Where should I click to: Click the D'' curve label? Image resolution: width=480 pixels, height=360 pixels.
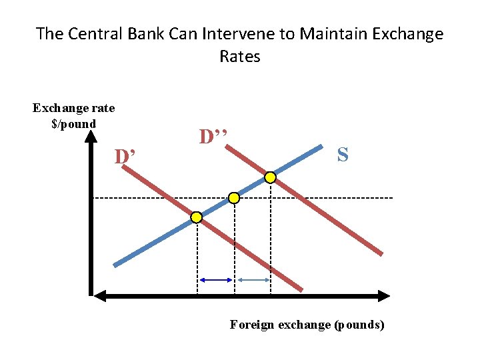tap(213, 137)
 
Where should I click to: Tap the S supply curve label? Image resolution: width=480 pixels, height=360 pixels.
tap(342, 155)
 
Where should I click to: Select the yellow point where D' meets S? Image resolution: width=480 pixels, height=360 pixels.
tap(197, 217)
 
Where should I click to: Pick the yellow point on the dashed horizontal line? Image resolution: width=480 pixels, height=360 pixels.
tap(234, 198)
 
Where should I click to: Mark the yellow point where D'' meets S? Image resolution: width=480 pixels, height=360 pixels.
tap(270, 177)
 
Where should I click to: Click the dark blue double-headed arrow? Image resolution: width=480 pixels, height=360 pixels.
tap(215, 281)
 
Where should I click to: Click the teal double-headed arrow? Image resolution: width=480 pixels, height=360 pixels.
tap(252, 281)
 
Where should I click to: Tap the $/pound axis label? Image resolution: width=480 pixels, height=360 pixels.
tap(73, 123)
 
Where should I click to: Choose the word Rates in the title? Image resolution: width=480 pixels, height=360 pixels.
tap(239, 57)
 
